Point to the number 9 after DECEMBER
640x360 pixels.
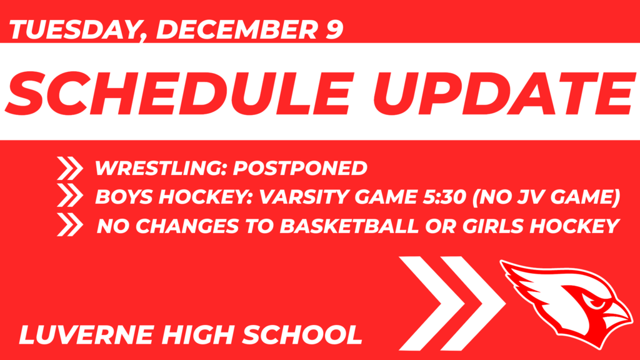[333, 29]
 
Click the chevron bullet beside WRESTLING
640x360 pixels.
[69, 168]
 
